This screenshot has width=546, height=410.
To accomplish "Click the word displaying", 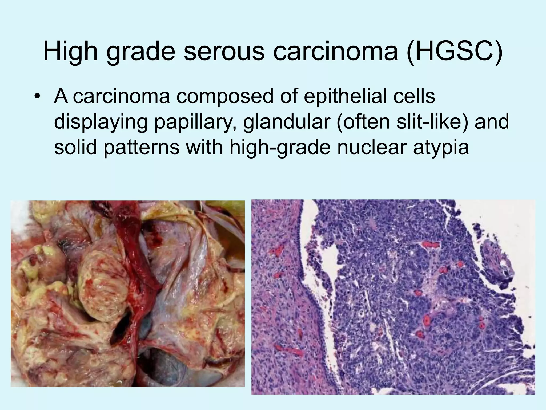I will [x=101, y=122].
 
